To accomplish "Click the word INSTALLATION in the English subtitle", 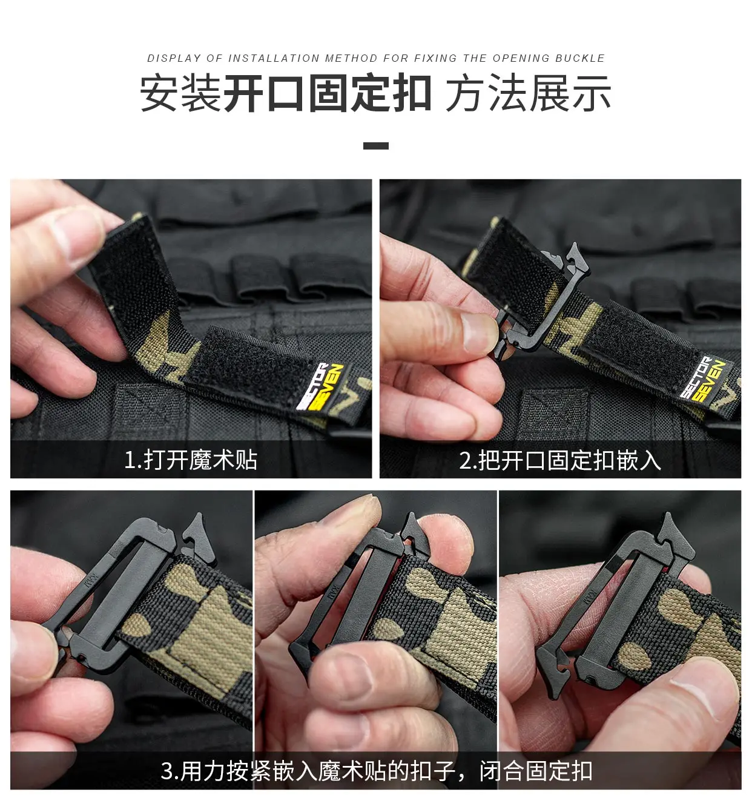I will click(274, 58).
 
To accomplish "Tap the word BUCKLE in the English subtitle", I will click(579, 58).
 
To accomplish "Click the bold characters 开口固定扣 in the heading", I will click(328, 94).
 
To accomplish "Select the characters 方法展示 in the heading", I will click(528, 94).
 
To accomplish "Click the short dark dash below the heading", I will click(375, 145).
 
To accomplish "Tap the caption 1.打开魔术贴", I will click(191, 460).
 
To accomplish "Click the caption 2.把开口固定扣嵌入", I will click(559, 460).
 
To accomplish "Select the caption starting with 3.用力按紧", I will click(376, 771).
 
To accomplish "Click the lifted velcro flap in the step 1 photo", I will click(130, 272).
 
